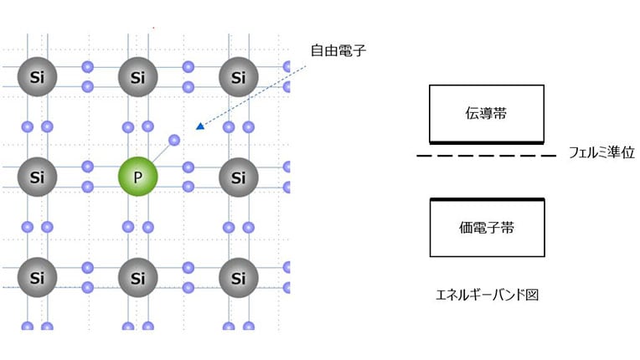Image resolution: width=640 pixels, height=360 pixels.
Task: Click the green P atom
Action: click(138, 177)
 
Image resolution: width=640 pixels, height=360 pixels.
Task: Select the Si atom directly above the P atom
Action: click(138, 79)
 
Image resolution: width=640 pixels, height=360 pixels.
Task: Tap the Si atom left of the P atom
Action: click(37, 177)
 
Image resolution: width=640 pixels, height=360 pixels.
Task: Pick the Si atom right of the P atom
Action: click(239, 177)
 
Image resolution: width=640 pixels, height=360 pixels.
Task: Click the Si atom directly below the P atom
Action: click(138, 277)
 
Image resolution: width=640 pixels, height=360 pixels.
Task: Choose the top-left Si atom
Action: click(37, 79)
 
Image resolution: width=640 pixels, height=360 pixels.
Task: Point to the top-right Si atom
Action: click(239, 79)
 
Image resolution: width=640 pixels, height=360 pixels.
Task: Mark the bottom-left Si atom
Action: click(37, 277)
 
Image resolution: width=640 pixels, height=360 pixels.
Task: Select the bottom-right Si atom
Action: click(239, 277)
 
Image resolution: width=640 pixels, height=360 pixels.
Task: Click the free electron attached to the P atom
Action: click(174, 140)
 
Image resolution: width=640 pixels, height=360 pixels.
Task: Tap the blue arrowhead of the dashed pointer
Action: click(199, 126)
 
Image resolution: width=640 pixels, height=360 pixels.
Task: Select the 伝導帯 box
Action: click(486, 114)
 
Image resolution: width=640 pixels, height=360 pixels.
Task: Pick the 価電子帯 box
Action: click(486, 227)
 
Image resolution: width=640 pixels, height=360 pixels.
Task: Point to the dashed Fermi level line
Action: click(486, 156)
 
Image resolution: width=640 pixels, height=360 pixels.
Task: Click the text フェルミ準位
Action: click(602, 153)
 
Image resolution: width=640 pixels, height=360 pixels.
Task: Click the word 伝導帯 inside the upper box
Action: click(486, 114)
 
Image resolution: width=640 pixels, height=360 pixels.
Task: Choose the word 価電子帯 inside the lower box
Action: click(486, 227)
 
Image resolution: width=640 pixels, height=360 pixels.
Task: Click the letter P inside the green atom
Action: click(138, 177)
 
